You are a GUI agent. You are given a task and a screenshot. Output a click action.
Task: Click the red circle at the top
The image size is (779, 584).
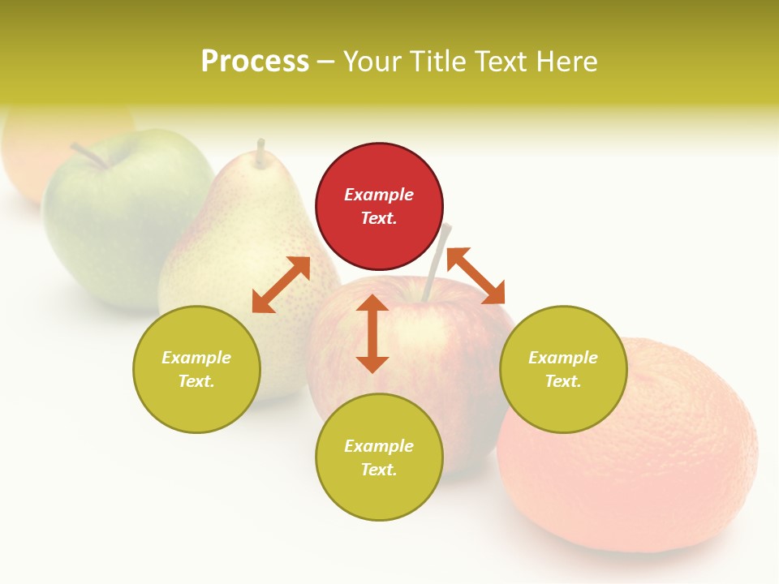(x=379, y=207)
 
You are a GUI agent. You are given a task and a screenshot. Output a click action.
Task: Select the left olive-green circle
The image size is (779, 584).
(x=196, y=369)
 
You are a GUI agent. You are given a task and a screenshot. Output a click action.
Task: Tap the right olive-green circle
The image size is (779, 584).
(x=563, y=369)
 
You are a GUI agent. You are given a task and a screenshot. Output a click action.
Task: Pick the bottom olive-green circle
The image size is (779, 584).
(x=379, y=457)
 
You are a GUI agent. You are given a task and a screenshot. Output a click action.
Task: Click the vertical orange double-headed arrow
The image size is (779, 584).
(x=372, y=333)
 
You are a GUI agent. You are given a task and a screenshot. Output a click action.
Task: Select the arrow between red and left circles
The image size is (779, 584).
(x=281, y=285)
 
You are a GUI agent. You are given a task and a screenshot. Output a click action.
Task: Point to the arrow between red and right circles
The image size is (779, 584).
(x=476, y=276)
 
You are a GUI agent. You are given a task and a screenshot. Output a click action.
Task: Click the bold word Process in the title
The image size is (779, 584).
(x=255, y=62)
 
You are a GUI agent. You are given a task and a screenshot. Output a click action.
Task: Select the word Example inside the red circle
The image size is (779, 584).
(x=379, y=195)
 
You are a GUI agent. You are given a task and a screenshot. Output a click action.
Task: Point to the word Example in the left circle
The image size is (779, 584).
(x=196, y=358)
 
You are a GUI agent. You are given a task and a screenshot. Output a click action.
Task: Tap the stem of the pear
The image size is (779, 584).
(x=260, y=153)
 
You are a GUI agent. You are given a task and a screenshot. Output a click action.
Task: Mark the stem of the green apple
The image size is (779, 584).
(x=88, y=156)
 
